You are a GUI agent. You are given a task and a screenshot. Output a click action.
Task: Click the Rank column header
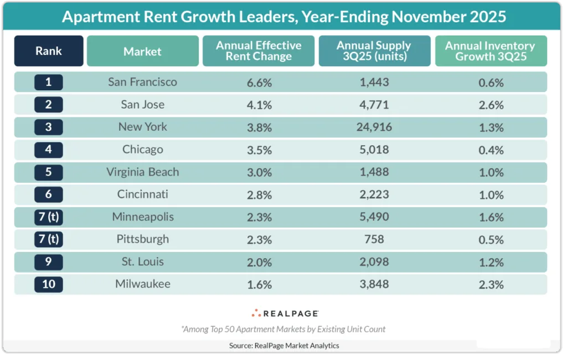49,51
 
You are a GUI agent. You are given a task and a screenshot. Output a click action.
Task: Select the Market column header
142,52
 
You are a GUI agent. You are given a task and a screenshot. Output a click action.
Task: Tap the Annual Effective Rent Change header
259,51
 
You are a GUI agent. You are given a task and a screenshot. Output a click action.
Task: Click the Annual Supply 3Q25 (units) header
374,51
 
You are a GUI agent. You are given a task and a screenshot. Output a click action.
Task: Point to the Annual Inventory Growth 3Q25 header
490,51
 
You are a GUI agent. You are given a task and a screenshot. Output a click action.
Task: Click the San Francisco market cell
142,82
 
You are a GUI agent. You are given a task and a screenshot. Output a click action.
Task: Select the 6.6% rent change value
259,83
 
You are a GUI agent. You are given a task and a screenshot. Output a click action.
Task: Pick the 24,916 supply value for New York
374,127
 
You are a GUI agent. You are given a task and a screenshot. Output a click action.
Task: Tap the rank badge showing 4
49,150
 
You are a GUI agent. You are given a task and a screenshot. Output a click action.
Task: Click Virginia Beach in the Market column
142,172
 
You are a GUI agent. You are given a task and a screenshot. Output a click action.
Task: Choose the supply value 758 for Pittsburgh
374,240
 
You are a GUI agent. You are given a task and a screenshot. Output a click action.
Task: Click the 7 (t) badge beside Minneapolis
49,217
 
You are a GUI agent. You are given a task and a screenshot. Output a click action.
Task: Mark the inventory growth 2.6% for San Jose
490,105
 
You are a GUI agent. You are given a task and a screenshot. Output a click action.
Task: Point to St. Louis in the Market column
142,262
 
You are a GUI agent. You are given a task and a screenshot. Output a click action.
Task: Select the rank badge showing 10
49,285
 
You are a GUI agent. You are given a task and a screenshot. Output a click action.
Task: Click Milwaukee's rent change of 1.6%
259,285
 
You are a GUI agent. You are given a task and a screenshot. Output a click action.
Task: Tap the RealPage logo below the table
285,313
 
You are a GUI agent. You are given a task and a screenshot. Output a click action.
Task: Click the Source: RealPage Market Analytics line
283,346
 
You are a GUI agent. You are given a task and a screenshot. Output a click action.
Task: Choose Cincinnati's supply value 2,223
374,195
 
